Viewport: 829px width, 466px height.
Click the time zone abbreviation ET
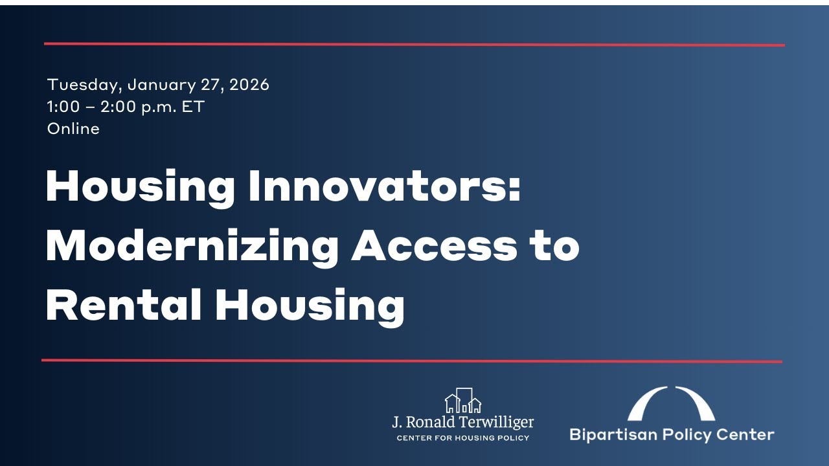pyautogui.click(x=192, y=107)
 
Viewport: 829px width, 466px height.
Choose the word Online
pyautogui.click(x=73, y=129)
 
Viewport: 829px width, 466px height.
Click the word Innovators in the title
pyautogui.click(x=385, y=188)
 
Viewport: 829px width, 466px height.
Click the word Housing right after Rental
pyautogui.click(x=310, y=306)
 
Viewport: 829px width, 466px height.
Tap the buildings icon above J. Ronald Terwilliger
pyautogui.click(x=462, y=401)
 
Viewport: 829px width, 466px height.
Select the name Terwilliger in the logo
pyautogui.click(x=494, y=423)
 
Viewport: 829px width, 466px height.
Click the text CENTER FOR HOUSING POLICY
pyautogui.click(x=462, y=438)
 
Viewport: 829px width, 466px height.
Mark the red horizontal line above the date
pyautogui.click(x=414, y=45)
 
